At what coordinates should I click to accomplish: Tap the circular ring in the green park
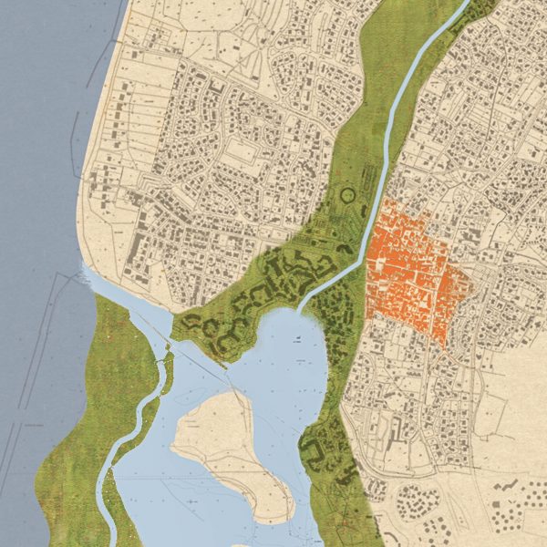(x=347, y=194)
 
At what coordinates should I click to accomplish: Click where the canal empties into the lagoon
(x=301, y=312)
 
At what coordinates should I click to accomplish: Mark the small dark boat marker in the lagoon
(x=297, y=339)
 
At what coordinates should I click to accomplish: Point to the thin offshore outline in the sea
(x=36, y=365)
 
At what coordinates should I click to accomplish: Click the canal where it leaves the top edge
(x=466, y=5)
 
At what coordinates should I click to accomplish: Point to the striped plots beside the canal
(x=368, y=173)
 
